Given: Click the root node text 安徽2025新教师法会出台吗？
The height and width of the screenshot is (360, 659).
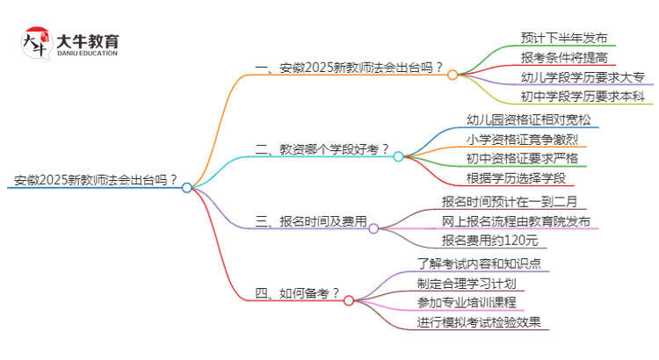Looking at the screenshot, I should pyautogui.click(x=96, y=182).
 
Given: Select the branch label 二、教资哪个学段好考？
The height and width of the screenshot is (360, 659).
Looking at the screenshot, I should pyautogui.click(x=322, y=150).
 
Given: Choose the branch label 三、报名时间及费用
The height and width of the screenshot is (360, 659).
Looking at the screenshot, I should pyautogui.click(x=309, y=222).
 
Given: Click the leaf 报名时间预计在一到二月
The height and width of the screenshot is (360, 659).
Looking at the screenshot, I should pyautogui.click(x=510, y=201).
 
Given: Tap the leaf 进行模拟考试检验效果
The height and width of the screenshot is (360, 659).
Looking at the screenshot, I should pyautogui.click(x=482, y=322).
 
